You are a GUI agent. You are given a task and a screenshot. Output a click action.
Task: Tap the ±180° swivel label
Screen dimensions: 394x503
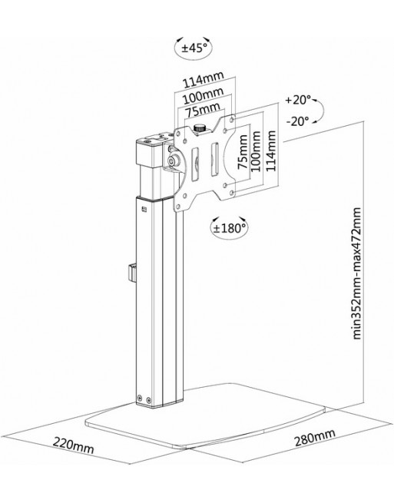point(229,228)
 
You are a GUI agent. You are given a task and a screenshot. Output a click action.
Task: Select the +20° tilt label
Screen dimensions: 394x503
point(298,100)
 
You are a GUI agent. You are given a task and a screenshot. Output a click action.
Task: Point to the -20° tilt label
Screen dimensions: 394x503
point(297,121)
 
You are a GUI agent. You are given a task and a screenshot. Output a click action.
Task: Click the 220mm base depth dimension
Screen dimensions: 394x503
point(74,445)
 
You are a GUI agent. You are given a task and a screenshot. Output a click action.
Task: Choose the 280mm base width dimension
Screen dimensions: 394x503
point(315,438)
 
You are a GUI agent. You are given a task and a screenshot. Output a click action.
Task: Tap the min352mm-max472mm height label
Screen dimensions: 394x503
point(357,273)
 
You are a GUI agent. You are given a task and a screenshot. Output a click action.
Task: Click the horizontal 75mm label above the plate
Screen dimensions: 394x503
point(204,110)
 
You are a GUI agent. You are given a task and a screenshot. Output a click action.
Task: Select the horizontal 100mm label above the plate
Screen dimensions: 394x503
point(203,95)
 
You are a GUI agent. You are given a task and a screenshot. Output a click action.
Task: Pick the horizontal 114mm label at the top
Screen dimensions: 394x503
point(203,80)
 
